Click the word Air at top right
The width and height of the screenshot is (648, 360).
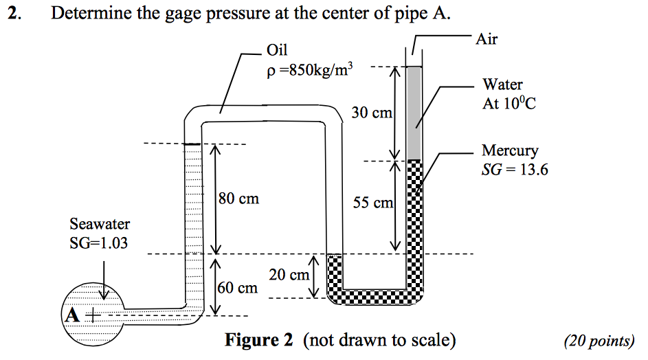pyautogui.click(x=487, y=39)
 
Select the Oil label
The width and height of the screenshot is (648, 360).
pyautogui.click(x=277, y=50)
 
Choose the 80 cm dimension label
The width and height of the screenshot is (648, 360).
pyautogui.click(x=239, y=199)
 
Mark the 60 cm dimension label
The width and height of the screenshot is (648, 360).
pyautogui.click(x=238, y=288)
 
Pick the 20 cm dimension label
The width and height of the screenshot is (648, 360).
pyautogui.click(x=289, y=275)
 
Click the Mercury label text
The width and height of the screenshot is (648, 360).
pyautogui.click(x=510, y=150)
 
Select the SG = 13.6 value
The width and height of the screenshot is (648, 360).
pyautogui.click(x=515, y=169)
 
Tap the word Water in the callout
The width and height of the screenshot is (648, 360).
pyautogui.click(x=502, y=85)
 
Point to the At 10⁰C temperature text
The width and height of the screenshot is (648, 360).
pyautogui.click(x=508, y=104)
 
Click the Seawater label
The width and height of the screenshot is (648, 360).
pyautogui.click(x=100, y=224)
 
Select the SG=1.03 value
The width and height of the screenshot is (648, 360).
pyautogui.click(x=99, y=243)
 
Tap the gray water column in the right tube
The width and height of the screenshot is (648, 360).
pyautogui.click(x=414, y=113)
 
